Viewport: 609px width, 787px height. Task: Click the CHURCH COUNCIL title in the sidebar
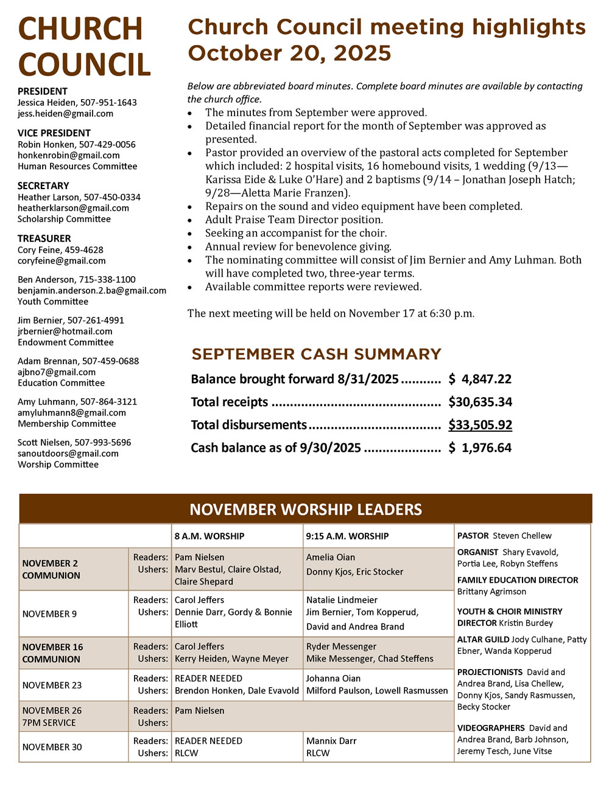(84, 47)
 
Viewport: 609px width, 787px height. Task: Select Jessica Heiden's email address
(65, 114)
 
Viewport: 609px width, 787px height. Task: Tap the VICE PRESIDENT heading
(54, 133)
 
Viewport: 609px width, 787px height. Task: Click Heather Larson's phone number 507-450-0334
(112, 197)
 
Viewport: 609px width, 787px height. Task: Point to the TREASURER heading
(44, 238)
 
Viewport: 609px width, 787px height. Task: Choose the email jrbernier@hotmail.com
(65, 331)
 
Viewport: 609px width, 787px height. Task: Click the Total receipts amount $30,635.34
(480, 402)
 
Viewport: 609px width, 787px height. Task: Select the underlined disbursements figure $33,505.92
(480, 425)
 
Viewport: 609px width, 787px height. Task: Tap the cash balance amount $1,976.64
(480, 448)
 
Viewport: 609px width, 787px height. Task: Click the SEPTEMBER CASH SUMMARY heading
(316, 354)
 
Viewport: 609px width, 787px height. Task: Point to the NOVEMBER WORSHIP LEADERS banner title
(305, 509)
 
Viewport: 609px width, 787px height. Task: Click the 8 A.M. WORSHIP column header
(209, 536)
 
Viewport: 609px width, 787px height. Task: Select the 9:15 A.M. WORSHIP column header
(347, 536)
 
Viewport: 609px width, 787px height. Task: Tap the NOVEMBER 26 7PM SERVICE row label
(52, 716)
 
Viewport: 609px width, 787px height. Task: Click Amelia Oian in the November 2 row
(331, 557)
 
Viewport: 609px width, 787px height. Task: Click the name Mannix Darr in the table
(331, 741)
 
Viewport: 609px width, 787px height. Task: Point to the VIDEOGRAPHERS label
(491, 728)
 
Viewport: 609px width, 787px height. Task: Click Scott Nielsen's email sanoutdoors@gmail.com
(68, 454)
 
